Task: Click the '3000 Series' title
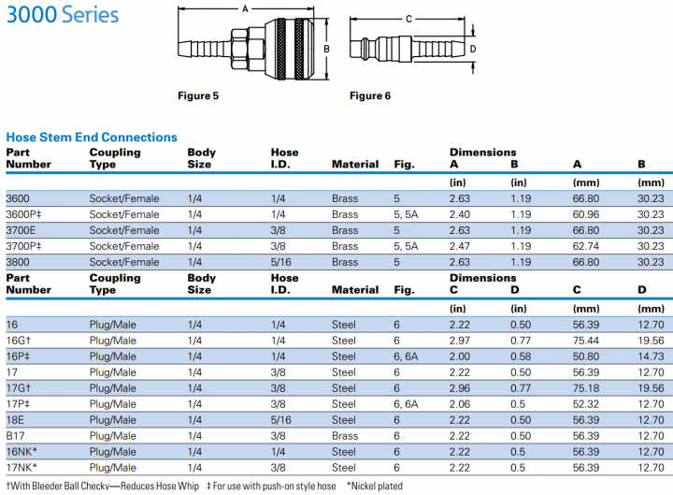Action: (62, 15)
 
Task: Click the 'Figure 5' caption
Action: (199, 95)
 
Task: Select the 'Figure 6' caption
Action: (370, 95)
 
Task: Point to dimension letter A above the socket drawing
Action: (245, 9)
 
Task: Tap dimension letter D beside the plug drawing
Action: (473, 49)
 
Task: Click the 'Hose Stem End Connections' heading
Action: (92, 138)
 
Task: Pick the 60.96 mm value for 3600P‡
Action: (588, 214)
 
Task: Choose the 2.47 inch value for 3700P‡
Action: (460, 246)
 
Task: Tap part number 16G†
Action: (19, 341)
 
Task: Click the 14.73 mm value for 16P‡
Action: (651, 357)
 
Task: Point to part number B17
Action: (16, 435)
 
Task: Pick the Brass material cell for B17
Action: (345, 435)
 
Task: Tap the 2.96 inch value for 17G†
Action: (460, 387)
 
